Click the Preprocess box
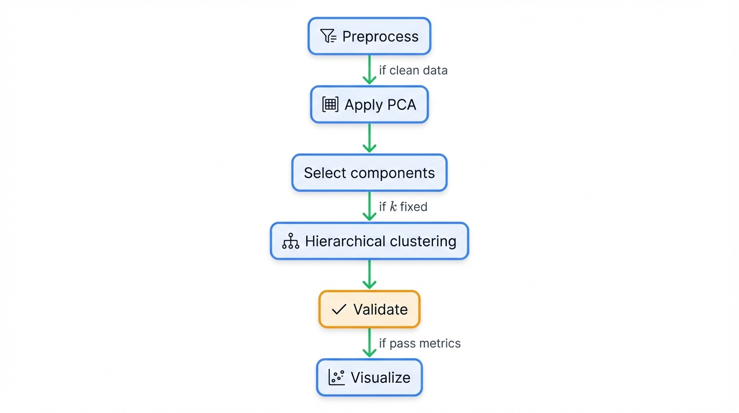coord(369,36)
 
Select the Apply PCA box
coord(369,104)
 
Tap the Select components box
coord(369,173)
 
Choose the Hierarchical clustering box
coord(369,241)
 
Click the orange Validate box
coord(369,309)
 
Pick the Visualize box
coord(369,378)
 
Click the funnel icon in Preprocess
coord(328,36)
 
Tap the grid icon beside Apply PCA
coord(330,104)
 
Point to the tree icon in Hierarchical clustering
coord(291,241)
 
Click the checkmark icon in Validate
coord(339,309)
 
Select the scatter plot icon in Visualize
coord(336,378)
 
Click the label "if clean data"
coord(413,70)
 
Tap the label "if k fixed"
coord(403,207)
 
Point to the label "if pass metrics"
coord(419,344)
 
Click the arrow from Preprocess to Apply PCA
coord(369,70)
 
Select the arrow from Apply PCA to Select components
coord(369,138)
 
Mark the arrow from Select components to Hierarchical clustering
coord(369,206)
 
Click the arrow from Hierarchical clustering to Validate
coord(369,275)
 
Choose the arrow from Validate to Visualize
coord(369,343)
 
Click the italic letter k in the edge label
coord(393,207)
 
